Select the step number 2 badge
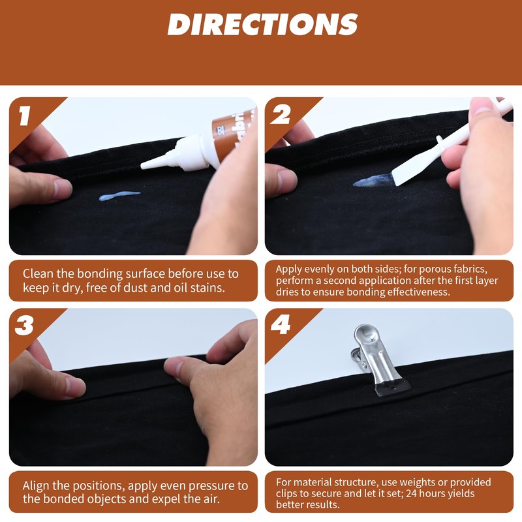(x=281, y=116)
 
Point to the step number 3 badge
(x=25, y=326)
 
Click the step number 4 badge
(x=281, y=326)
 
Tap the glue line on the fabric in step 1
(x=119, y=195)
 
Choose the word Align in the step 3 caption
(x=38, y=486)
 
